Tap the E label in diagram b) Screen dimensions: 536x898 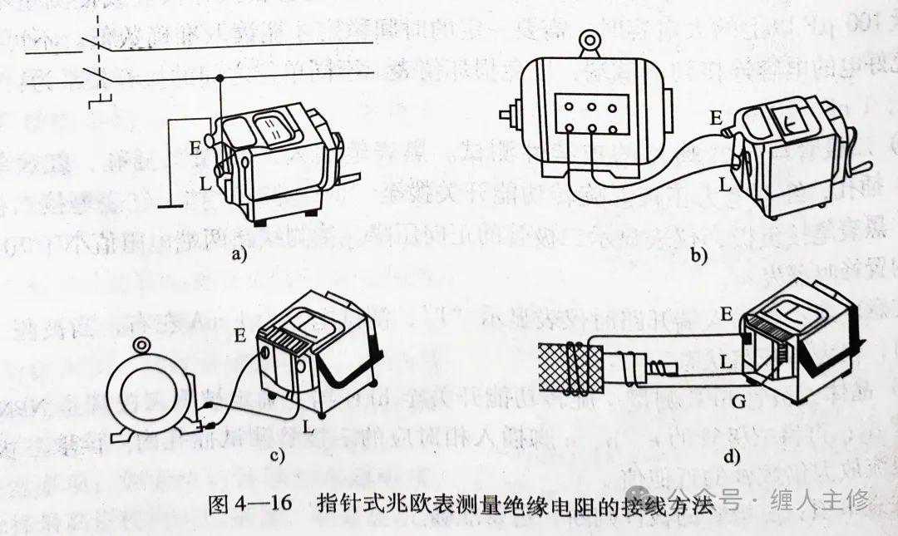pos(716,119)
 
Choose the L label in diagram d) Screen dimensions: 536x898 pos(726,363)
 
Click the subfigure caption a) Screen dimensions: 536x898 pos(241,255)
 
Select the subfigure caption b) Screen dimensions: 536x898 pos(698,256)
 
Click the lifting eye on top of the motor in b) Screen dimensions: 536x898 pos(591,41)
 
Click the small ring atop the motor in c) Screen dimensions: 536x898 pos(142,346)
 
